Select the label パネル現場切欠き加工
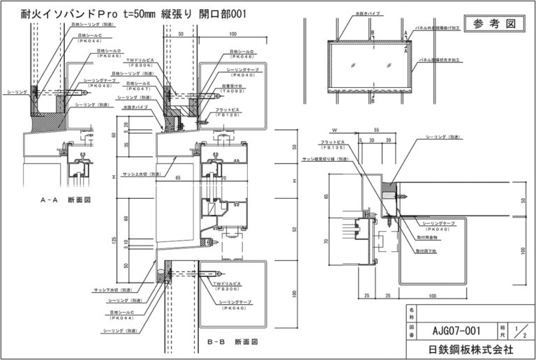(447, 61)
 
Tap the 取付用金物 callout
(426, 239)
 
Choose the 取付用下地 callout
(426, 249)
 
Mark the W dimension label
(335, 130)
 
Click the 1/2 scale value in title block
(517, 329)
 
